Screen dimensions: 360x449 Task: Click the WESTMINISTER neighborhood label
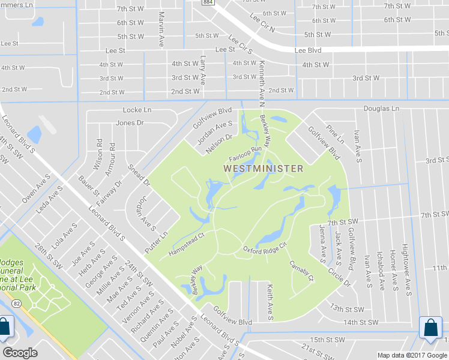pyautogui.click(x=264, y=169)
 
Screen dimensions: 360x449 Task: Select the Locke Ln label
pyautogui.click(x=137, y=110)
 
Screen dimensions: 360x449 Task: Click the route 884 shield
pyautogui.click(x=208, y=3)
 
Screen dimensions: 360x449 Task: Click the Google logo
pyautogui.click(x=20, y=352)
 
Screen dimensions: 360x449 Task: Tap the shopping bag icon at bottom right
pyautogui.click(x=432, y=329)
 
